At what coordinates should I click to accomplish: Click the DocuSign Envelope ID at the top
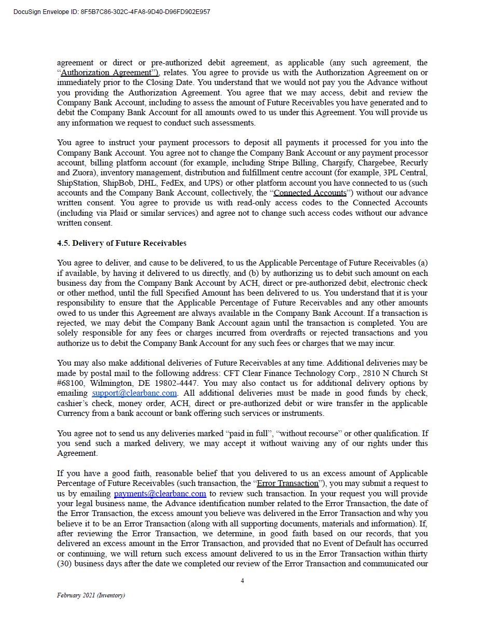pos(112,12)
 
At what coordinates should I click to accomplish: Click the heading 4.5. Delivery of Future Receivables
pos(121,243)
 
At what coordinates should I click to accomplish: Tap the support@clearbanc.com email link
pos(134,393)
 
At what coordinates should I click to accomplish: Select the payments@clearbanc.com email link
pos(160,494)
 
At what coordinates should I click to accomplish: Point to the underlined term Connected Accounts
pos(310,193)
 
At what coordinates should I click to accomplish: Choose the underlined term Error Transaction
pos(288,483)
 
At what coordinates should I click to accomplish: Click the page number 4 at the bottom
pos(242,581)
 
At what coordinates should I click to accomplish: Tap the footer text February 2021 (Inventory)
pos(91,595)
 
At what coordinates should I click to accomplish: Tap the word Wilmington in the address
pos(110,383)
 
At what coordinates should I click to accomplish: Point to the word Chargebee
pos(370,163)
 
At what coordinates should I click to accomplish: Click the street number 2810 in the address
pos(372,373)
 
